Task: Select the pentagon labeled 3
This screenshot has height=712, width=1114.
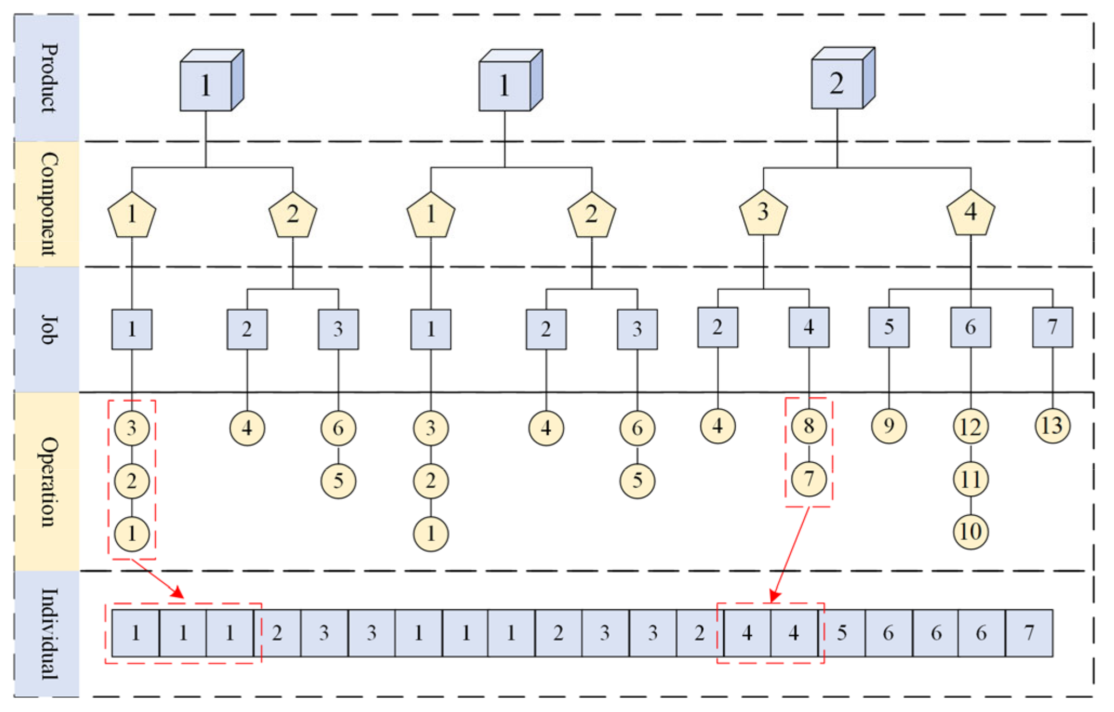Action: pyautogui.click(x=763, y=213)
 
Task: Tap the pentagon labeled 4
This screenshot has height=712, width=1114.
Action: pyautogui.click(x=970, y=213)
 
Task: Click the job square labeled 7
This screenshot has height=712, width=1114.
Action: pyautogui.click(x=1052, y=327)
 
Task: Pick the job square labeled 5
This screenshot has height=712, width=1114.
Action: pyautogui.click(x=889, y=327)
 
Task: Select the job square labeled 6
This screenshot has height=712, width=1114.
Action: pyautogui.click(x=970, y=327)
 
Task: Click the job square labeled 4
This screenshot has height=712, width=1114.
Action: pyautogui.click(x=809, y=327)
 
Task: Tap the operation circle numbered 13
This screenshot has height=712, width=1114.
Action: pyautogui.click(x=1052, y=426)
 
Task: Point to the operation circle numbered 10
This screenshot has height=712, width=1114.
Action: pyautogui.click(x=970, y=532)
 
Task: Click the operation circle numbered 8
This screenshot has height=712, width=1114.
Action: pyautogui.click(x=809, y=426)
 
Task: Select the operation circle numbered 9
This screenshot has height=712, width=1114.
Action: pyautogui.click(x=889, y=426)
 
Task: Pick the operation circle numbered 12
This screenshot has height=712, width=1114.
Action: pyautogui.click(x=970, y=427)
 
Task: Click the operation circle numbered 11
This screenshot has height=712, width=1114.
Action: pyautogui.click(x=970, y=480)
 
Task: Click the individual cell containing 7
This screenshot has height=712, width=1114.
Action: pyautogui.click(x=1029, y=633)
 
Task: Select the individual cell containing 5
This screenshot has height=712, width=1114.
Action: pyautogui.click(x=842, y=633)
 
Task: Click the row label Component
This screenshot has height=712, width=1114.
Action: pyautogui.click(x=48, y=204)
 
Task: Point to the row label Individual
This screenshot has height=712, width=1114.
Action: pyautogui.click(x=48, y=634)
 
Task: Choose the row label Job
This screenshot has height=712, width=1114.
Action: pyautogui.click(x=48, y=330)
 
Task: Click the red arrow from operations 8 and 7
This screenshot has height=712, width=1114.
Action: pyautogui.click(x=791, y=554)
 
